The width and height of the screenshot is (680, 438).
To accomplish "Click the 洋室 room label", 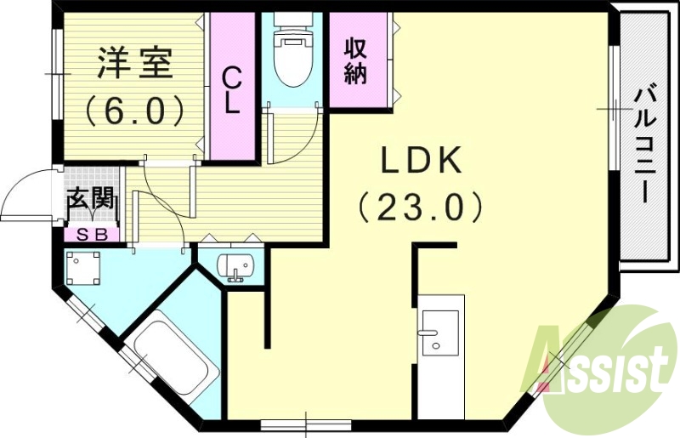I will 135,64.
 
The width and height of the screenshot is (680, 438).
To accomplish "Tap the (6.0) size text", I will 135,108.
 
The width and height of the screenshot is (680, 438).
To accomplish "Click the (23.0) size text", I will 420,206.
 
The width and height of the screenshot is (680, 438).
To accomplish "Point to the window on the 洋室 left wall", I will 56,75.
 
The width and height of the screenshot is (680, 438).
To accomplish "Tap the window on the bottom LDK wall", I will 305,423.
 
